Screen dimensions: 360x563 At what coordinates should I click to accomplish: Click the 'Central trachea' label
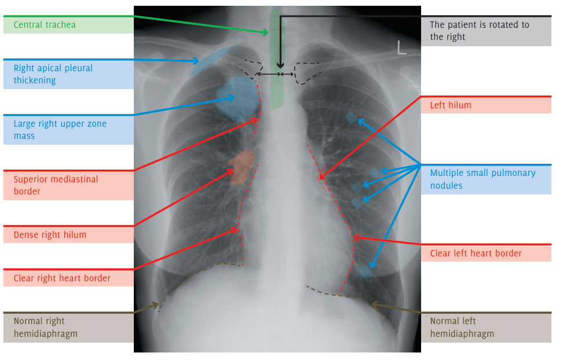45,25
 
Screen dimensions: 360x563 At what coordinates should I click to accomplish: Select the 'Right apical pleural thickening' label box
53,74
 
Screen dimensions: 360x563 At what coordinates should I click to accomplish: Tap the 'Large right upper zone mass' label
60,130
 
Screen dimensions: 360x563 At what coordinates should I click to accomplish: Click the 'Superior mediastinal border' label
56,185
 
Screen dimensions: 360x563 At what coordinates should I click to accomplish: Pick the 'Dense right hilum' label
50,235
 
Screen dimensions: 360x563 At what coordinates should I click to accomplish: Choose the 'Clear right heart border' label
62,278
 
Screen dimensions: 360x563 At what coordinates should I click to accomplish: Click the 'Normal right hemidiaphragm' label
46,327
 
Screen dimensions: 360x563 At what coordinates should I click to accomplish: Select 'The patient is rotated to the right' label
480,31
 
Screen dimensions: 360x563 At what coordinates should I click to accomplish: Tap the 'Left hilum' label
451,105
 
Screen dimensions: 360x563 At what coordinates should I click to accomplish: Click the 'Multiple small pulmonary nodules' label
482,179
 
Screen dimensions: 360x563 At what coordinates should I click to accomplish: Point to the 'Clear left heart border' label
476,253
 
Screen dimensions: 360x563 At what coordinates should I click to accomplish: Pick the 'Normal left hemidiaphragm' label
462,327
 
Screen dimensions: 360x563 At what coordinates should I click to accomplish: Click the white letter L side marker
401,48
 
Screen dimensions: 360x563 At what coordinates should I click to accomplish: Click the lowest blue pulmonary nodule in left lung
365,271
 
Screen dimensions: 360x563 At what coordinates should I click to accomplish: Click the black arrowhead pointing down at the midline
280,65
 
